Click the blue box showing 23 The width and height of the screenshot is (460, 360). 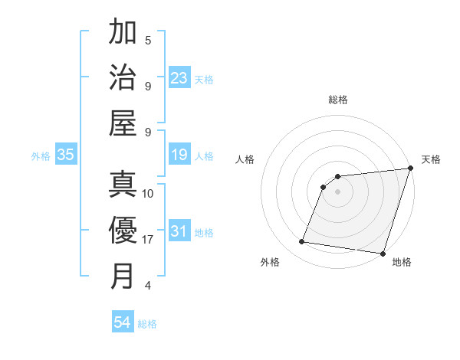[179, 77]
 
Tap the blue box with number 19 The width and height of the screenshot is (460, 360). [179, 155]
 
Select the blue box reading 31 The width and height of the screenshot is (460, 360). [179, 232]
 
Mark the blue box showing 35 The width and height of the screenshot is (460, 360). [66, 155]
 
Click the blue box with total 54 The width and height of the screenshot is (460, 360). [123, 323]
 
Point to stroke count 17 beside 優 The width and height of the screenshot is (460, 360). [148, 240]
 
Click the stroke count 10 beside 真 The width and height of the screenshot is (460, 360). [148, 194]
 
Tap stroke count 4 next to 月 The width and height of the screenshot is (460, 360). [148, 286]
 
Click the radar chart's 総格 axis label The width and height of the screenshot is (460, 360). [338, 100]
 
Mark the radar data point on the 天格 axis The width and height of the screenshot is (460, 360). [410, 169]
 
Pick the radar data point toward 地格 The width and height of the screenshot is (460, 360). [382, 254]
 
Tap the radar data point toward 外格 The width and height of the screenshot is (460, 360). [302, 242]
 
